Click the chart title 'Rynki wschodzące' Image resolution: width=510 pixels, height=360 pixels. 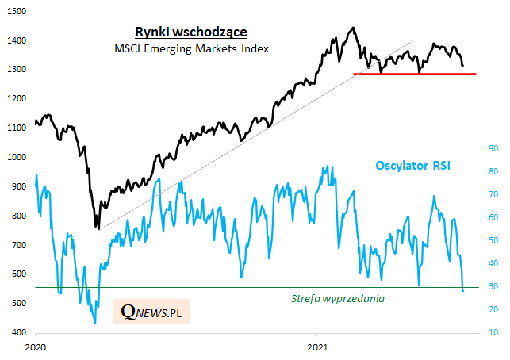(190, 32)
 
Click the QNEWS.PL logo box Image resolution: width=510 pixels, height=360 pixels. (151, 312)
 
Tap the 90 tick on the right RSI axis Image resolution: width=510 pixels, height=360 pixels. (492, 149)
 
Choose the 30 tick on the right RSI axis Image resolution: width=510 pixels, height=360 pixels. (492, 287)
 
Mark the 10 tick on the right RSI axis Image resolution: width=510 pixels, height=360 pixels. (492, 333)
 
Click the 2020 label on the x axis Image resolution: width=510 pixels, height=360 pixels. (36, 347)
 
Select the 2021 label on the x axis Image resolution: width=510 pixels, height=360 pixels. (317, 347)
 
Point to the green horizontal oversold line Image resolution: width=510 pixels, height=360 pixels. (238, 287)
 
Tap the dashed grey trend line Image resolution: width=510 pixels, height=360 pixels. (238, 142)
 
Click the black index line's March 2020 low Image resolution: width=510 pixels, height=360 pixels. (98, 229)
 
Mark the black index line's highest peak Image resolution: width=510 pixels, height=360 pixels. (353, 28)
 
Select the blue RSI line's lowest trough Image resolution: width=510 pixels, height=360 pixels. (95, 323)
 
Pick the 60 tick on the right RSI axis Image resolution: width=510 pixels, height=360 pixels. (492, 218)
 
